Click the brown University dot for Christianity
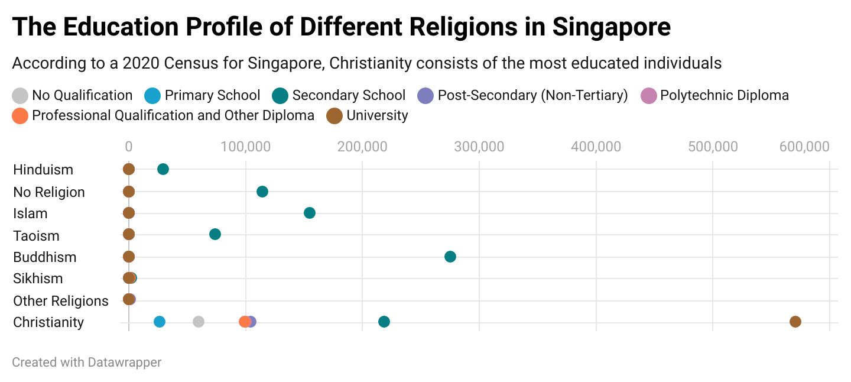[x=795, y=322]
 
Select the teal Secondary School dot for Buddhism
[x=450, y=257]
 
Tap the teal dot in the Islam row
[x=310, y=213]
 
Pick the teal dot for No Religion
[x=262, y=192]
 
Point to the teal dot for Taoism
[x=215, y=234]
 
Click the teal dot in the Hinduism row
[x=163, y=169]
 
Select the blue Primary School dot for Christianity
[x=160, y=322]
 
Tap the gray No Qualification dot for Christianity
[x=199, y=322]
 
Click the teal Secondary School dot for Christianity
[x=384, y=322]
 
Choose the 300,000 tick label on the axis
[x=479, y=146]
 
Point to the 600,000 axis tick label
[x=804, y=146]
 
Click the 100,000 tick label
[x=245, y=146]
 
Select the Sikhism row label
[x=38, y=279]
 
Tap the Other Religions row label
[x=61, y=301]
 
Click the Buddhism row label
[x=45, y=257]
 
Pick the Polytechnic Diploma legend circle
[x=649, y=95]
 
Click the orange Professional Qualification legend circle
[x=20, y=115]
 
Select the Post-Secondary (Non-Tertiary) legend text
[x=532, y=95]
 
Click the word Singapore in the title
[x=612, y=27]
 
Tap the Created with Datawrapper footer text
[x=86, y=362]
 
